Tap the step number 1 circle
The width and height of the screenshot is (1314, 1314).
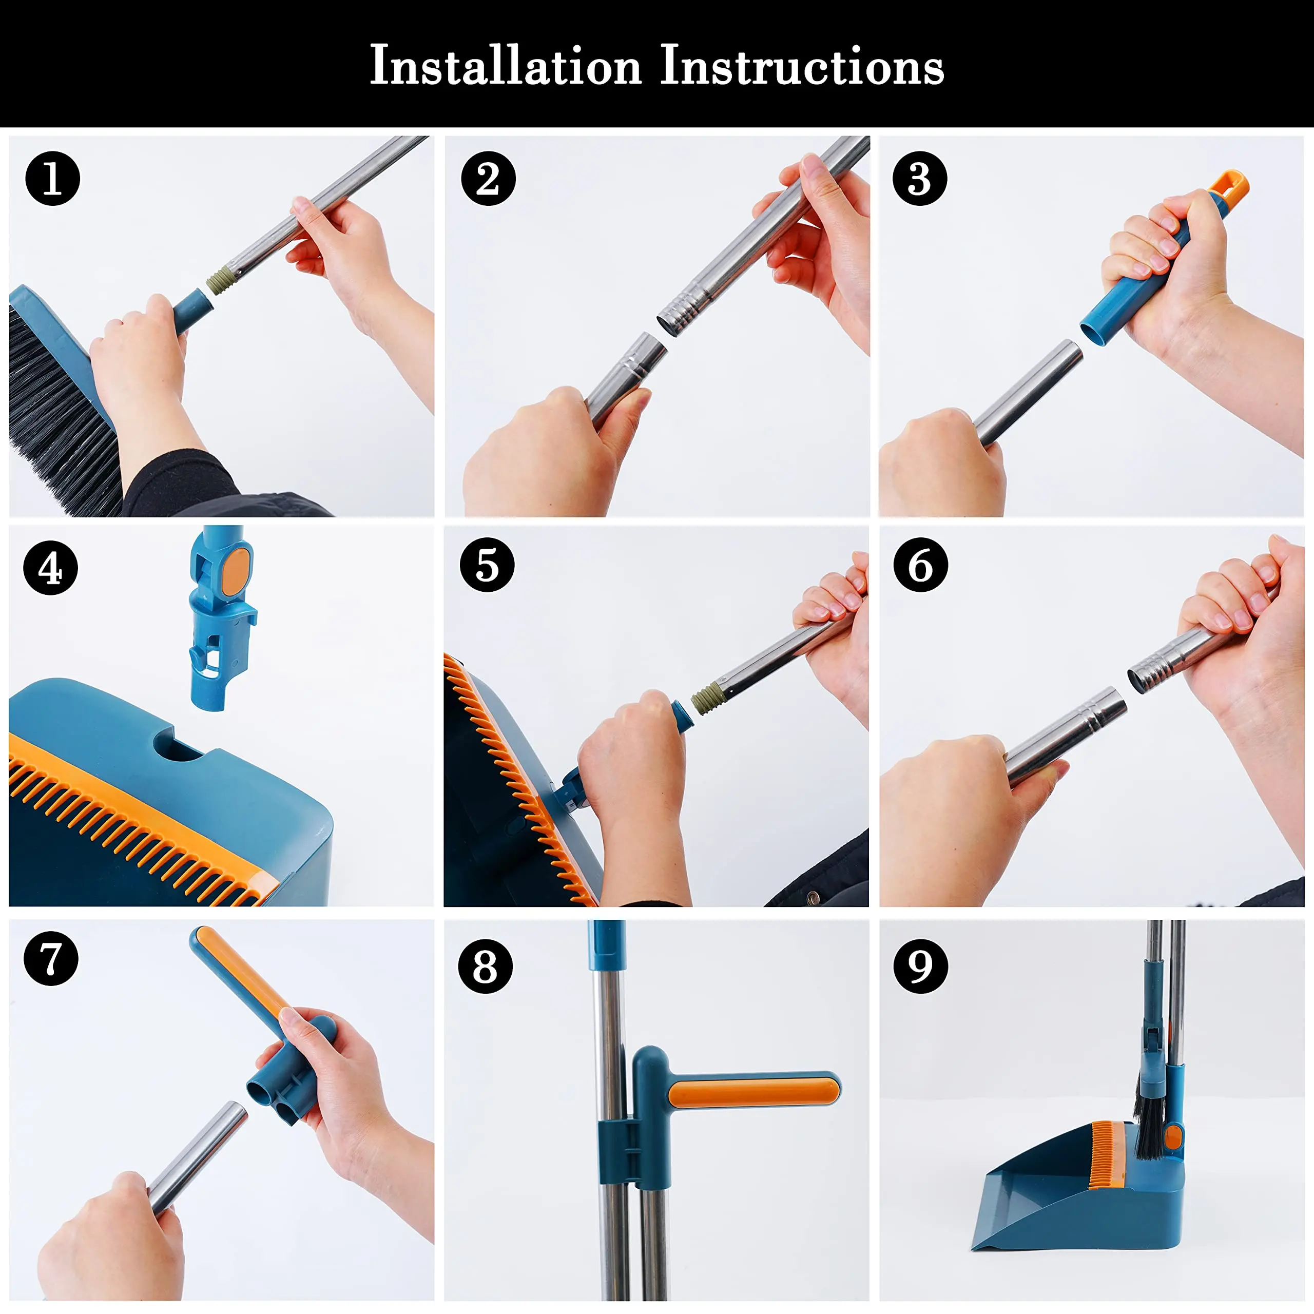tap(52, 179)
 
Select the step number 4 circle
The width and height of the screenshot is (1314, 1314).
tap(50, 568)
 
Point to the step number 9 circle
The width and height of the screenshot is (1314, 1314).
tap(920, 966)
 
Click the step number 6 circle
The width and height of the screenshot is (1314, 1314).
tap(920, 565)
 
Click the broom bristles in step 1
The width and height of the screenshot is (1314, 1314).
tap(54, 408)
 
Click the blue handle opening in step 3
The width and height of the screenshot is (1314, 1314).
tap(1096, 333)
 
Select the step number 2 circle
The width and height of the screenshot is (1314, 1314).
tap(488, 179)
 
